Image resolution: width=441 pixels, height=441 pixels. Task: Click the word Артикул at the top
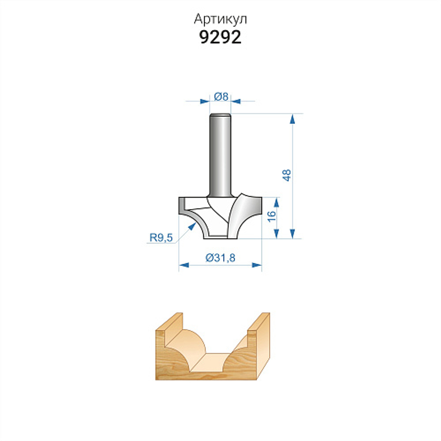(220, 19)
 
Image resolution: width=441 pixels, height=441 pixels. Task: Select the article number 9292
(220, 37)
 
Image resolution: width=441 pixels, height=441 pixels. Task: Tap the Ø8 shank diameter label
(221, 97)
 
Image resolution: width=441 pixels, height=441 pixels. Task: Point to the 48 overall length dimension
(287, 175)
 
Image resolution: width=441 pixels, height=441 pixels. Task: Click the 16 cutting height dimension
(271, 216)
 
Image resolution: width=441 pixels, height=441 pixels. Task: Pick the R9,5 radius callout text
(161, 238)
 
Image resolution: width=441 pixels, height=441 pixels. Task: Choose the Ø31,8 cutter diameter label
(220, 258)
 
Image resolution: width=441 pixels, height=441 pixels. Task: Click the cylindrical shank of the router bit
(220, 155)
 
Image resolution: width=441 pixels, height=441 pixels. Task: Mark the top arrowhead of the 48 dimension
(293, 119)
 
